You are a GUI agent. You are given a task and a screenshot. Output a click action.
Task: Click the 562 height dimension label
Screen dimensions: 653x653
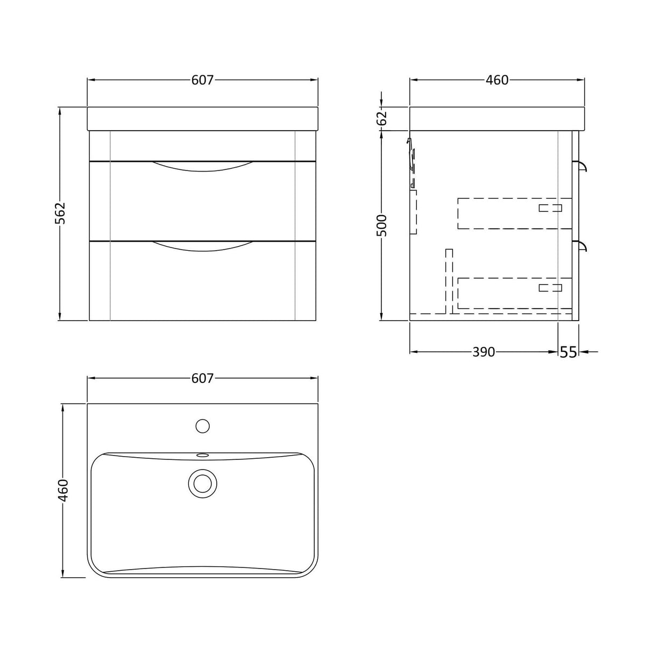click(60, 214)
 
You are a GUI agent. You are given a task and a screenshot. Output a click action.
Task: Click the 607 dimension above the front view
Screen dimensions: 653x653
click(202, 80)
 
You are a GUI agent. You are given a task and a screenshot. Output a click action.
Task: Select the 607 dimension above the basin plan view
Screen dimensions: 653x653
click(202, 378)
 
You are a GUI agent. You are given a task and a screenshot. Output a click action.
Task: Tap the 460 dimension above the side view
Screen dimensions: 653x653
click(497, 80)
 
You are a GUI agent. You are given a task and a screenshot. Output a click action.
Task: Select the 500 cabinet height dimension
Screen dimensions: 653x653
click(382, 225)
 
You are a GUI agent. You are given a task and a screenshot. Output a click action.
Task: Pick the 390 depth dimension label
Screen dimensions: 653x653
click(484, 352)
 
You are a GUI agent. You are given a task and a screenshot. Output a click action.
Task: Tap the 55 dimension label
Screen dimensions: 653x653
click(569, 352)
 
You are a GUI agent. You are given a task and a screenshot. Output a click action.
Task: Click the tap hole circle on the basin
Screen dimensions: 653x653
click(203, 426)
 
